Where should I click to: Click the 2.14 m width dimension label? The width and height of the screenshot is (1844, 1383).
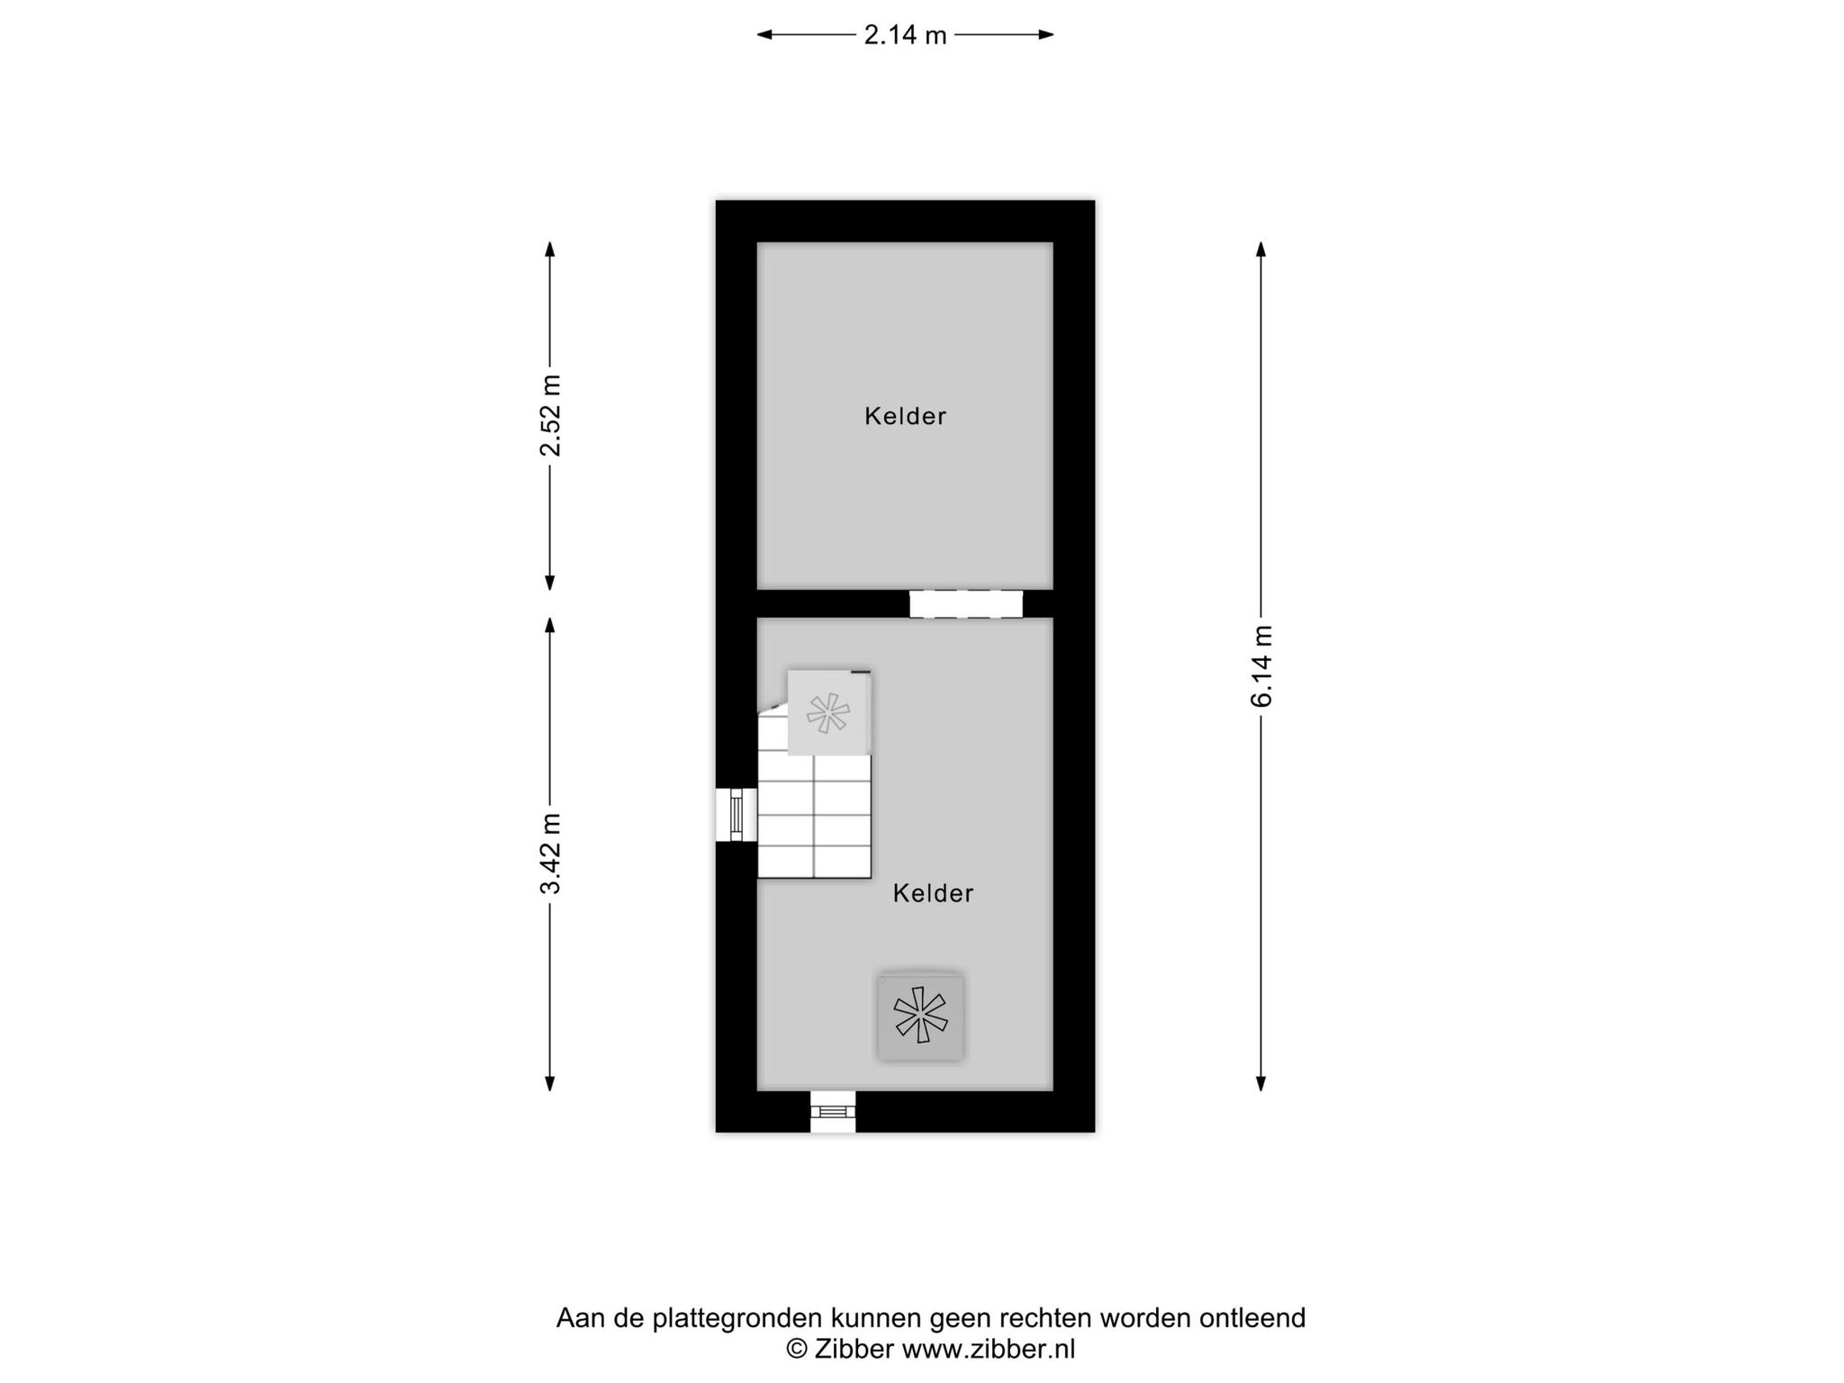pos(905,35)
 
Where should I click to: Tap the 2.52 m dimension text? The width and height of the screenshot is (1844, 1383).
pos(550,415)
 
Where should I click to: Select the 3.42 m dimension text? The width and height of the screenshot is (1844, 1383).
pos(550,854)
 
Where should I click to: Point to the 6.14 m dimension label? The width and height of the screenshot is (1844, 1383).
pos(1261,665)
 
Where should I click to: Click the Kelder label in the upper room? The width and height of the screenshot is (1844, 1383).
pos(905,416)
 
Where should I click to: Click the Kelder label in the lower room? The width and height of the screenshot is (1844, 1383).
pos(933,893)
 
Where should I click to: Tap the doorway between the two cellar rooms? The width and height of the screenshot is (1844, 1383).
pos(966,604)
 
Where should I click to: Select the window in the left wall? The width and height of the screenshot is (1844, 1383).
pos(737,815)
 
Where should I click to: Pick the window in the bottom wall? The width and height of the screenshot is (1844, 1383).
pos(833,1111)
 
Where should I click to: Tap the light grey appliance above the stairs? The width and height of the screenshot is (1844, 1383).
pos(829,712)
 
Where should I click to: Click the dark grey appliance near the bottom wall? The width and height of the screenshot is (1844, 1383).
pos(921,1016)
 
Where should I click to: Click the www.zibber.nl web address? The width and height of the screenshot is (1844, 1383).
pos(989,1349)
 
